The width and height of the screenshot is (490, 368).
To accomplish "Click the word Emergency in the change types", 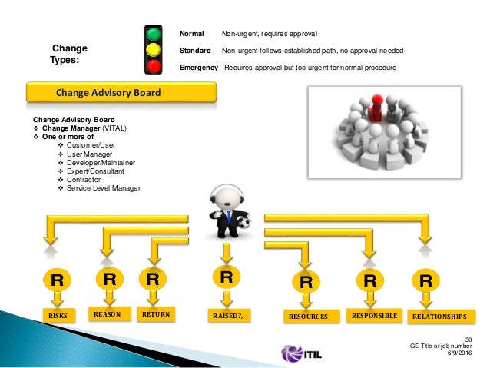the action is (199, 68).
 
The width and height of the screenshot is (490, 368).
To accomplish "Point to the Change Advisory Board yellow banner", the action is (108, 93).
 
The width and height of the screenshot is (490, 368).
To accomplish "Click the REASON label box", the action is (108, 314).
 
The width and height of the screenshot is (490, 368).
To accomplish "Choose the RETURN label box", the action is (155, 314).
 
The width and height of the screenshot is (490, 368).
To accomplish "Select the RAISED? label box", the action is (227, 315).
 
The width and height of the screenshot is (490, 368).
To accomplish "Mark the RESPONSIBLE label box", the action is (374, 315).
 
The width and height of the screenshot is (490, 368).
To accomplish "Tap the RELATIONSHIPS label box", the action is (439, 315).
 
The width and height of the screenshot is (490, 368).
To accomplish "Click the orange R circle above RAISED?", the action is (226, 277).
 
